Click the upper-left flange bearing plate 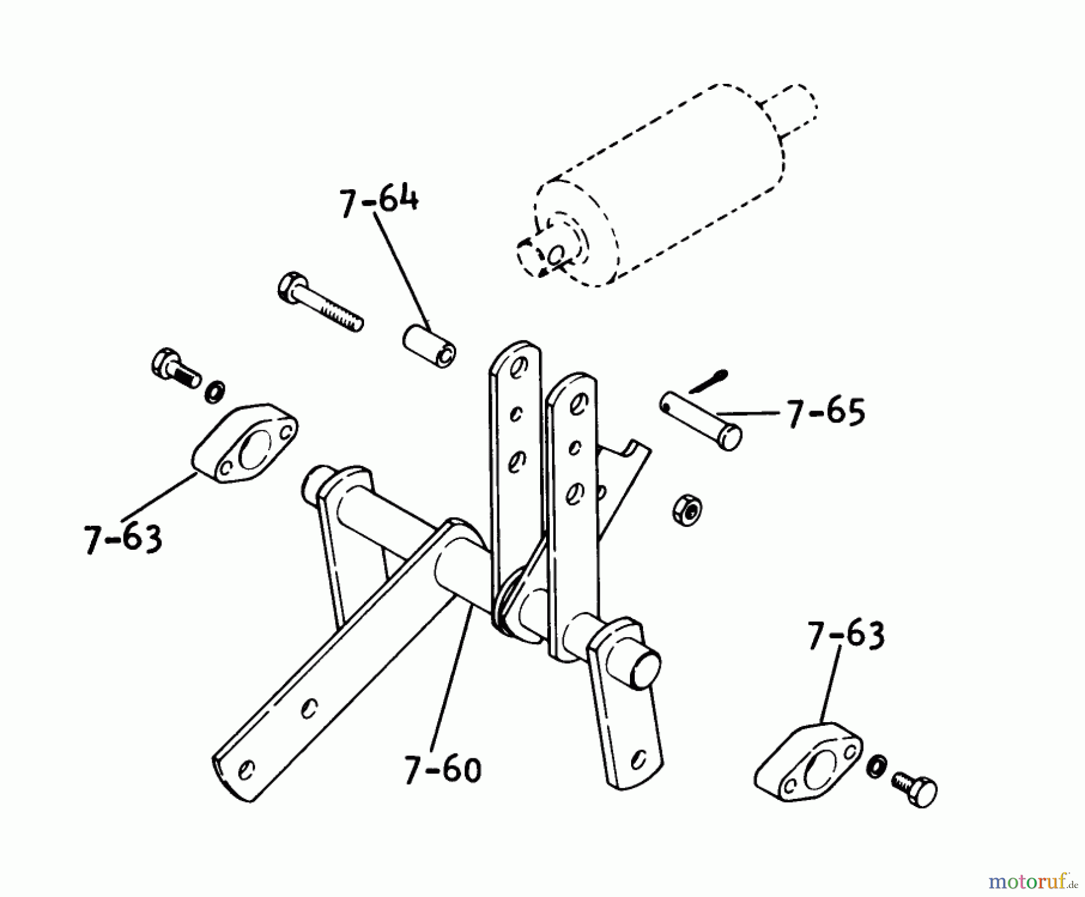[x=246, y=442]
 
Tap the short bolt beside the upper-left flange [x=175, y=368]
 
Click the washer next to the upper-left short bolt [x=215, y=392]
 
